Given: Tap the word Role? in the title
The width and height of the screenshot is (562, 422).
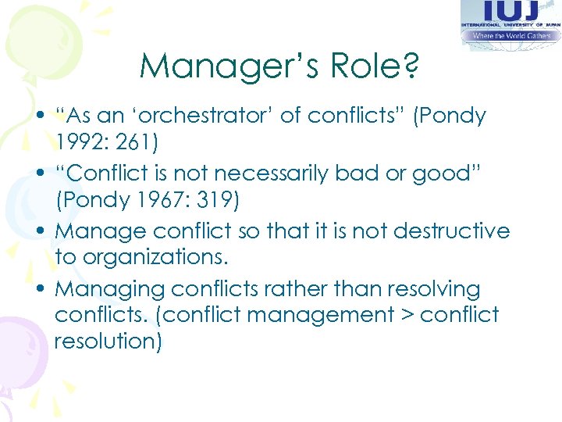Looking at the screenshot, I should click(x=372, y=66).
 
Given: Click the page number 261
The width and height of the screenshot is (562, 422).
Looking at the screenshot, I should click(x=141, y=143).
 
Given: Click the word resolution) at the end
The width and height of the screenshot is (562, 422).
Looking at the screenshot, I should click(x=108, y=342).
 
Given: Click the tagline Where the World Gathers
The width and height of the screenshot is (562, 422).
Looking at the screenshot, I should click(x=511, y=36).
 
